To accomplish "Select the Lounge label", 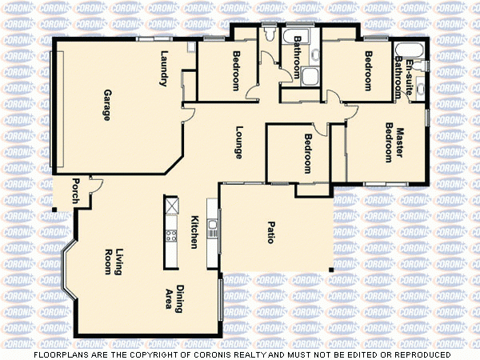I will point(238,142).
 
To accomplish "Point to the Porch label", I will point(75,190).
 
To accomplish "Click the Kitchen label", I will point(194,232).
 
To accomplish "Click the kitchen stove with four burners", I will point(170,235).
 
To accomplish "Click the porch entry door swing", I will point(95,186).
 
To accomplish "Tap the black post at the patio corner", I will point(331,271).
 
